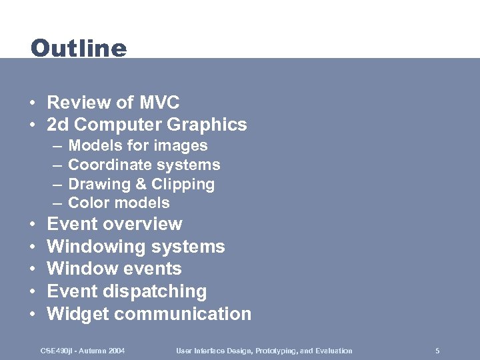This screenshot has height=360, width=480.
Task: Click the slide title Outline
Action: (x=79, y=49)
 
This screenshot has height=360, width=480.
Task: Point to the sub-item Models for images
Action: (x=138, y=145)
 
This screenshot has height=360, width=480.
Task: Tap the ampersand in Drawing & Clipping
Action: (x=142, y=184)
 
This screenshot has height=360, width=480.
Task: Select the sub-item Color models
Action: (x=119, y=203)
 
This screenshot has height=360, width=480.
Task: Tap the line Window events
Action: (x=114, y=269)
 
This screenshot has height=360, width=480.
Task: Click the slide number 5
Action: (x=437, y=351)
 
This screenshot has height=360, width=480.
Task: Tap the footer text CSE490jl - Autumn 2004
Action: (x=83, y=351)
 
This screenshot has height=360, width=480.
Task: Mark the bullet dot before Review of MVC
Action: (x=32, y=103)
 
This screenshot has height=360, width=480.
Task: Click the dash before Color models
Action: (x=55, y=203)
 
